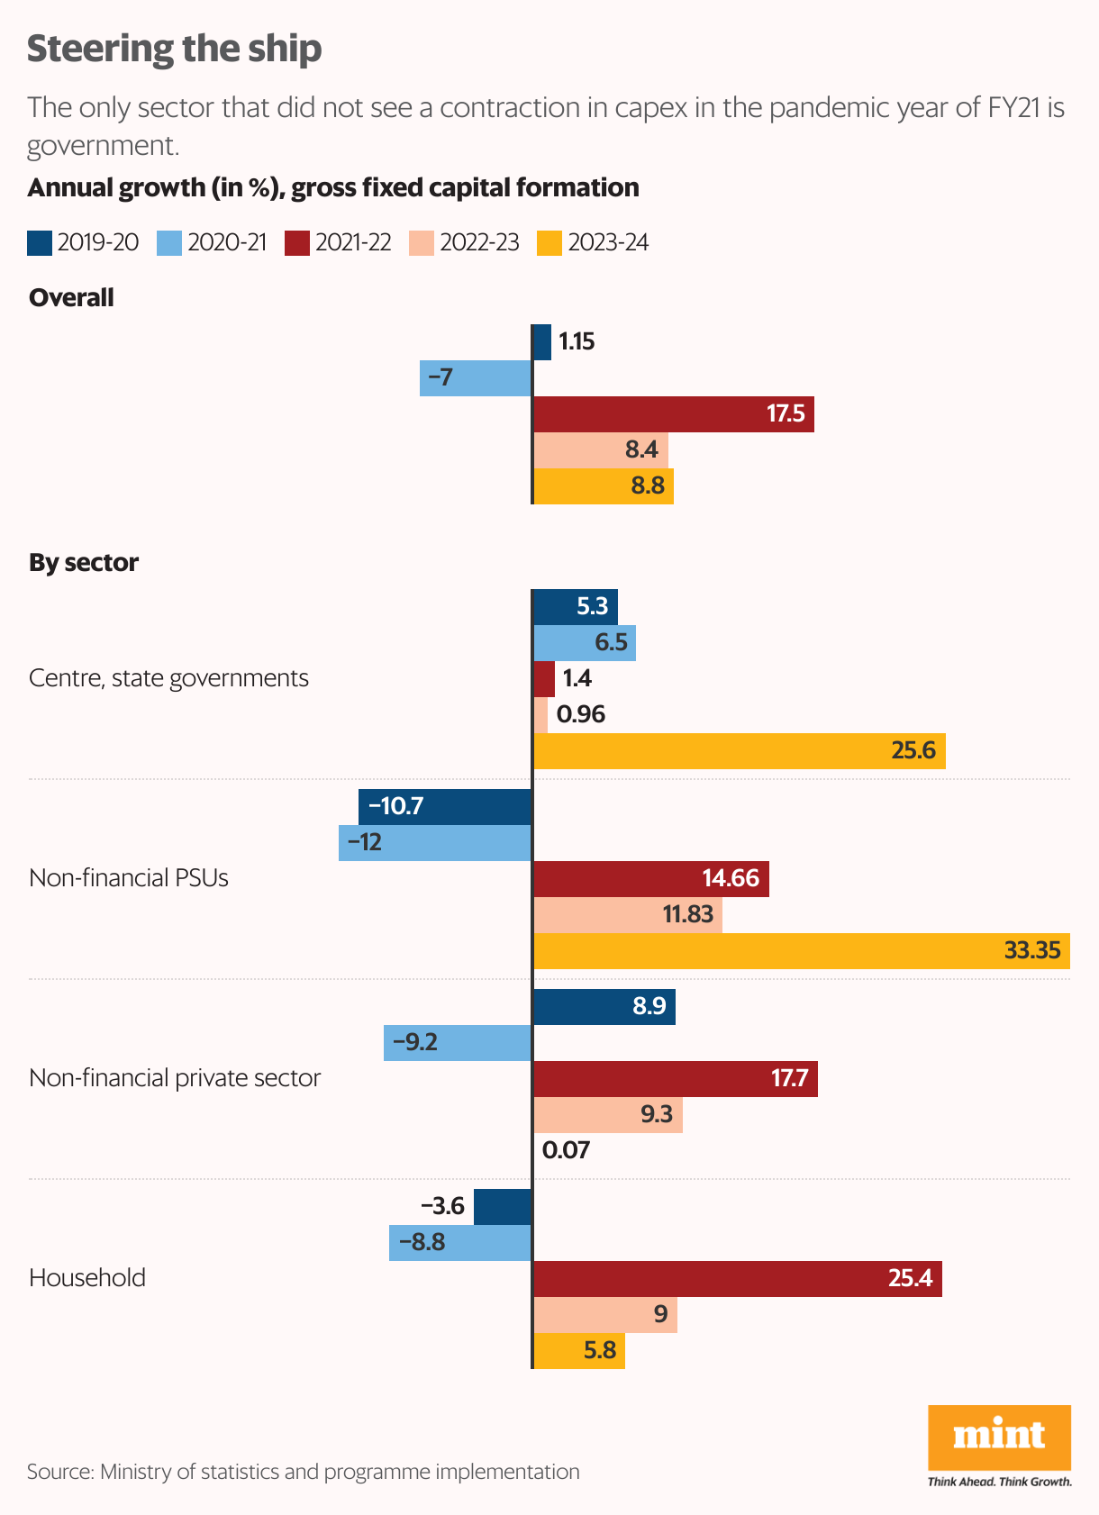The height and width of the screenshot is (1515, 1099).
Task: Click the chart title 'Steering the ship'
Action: click(x=174, y=49)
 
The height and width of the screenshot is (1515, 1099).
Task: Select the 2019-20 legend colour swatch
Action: click(x=40, y=243)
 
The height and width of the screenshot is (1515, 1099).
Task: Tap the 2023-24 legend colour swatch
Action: click(x=549, y=243)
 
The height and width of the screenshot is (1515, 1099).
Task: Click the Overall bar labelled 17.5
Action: click(x=674, y=414)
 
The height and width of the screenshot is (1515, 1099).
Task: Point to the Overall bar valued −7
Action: click(x=476, y=378)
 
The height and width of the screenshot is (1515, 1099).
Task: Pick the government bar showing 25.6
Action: click(x=739, y=751)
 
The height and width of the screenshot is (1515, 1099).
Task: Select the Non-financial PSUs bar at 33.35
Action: click(x=802, y=951)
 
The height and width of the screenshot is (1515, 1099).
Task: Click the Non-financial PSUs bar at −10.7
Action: click(x=445, y=807)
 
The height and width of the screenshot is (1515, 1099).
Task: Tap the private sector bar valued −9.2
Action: click(x=458, y=1043)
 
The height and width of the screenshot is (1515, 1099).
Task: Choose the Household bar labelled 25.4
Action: click(x=737, y=1279)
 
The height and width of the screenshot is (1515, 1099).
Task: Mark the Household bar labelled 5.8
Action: click(x=579, y=1351)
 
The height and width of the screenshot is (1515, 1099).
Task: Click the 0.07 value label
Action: click(x=566, y=1150)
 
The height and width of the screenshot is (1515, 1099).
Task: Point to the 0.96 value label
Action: click(x=581, y=714)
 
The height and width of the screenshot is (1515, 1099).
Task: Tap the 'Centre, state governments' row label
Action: click(x=168, y=678)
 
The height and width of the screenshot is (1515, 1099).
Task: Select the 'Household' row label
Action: click(x=87, y=1278)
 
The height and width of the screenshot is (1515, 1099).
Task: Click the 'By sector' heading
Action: click(x=84, y=563)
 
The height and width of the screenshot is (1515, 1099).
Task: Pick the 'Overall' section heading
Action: click(x=71, y=298)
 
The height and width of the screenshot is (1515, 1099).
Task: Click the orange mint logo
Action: click(x=999, y=1437)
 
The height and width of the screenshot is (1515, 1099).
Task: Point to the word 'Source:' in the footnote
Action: click(x=60, y=1472)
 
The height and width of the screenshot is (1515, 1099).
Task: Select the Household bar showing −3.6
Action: click(x=503, y=1207)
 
